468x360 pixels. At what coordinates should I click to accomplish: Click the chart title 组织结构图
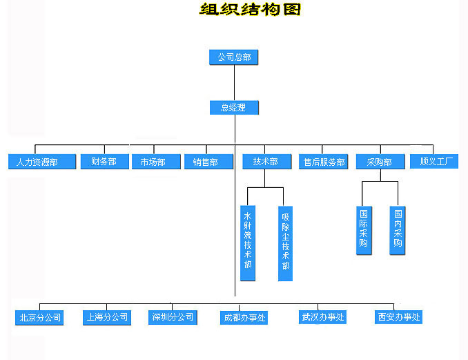pos(251,10)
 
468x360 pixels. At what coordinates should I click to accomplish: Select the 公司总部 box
pos(234,57)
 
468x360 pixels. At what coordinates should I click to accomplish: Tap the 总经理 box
pos(234,108)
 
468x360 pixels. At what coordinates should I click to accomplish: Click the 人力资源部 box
pos(33,162)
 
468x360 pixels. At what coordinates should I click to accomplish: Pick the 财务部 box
pos(104,162)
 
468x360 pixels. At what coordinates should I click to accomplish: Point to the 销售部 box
pos(208,162)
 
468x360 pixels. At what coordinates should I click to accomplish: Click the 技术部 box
pos(266,162)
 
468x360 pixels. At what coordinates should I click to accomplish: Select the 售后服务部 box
pos(324,162)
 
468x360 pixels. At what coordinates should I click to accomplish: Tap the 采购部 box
pos(379,162)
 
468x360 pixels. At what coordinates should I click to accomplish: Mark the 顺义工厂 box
pos(433,162)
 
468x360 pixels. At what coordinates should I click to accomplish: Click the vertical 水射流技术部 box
pos(248,243)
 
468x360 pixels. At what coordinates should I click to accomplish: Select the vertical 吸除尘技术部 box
pos(285,243)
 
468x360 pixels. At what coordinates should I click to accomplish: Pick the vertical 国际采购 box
pos(364,230)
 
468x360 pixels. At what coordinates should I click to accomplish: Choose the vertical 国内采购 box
pos(397,230)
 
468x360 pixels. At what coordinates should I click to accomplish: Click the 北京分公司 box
pos(40,318)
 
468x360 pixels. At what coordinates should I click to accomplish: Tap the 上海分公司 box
pos(106,318)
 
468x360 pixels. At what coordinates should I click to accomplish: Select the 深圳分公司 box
pos(173,318)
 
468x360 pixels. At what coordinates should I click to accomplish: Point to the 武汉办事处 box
pos(322,317)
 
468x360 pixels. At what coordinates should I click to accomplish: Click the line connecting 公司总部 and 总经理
pos(235,83)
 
